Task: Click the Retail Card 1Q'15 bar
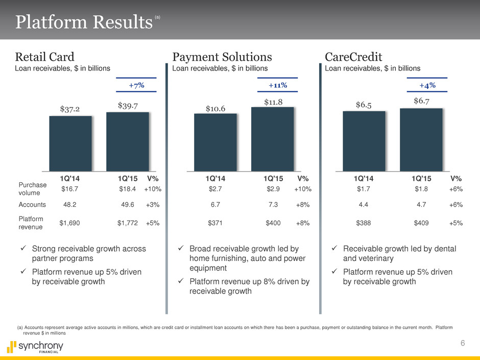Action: [x=127, y=141]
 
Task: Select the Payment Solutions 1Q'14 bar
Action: [x=215, y=142]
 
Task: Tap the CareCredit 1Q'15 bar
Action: [x=421, y=140]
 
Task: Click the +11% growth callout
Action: [x=278, y=85]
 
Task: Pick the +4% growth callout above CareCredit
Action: [x=427, y=85]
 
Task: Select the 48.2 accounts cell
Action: [x=69, y=205]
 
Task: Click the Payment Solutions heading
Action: [x=222, y=56]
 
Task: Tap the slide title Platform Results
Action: [x=84, y=22]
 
